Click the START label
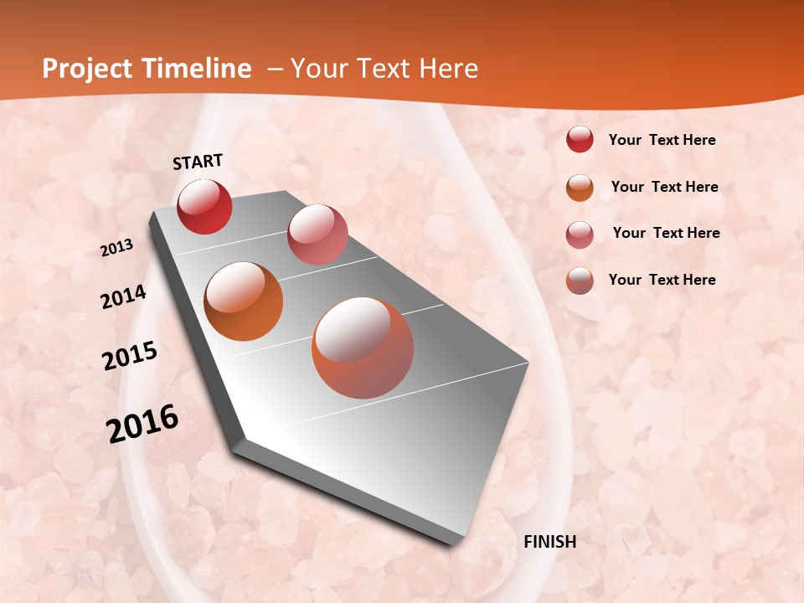tap(198, 162)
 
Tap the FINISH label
tap(550, 542)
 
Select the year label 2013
tap(116, 248)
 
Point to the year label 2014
tap(123, 297)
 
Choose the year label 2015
tap(130, 355)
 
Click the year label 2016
tap(142, 424)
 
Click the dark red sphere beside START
tap(204, 206)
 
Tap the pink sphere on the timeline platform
tap(317, 234)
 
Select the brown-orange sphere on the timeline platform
tap(244, 301)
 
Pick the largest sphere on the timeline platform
tap(363, 348)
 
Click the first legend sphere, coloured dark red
tap(580, 140)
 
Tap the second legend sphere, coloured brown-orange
tap(580, 187)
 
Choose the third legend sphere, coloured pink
tap(580, 234)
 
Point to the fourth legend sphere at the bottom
tap(580, 281)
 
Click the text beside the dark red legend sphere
tap(662, 140)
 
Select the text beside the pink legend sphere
tap(666, 233)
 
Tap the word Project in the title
tap(87, 69)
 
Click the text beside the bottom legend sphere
tap(662, 280)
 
